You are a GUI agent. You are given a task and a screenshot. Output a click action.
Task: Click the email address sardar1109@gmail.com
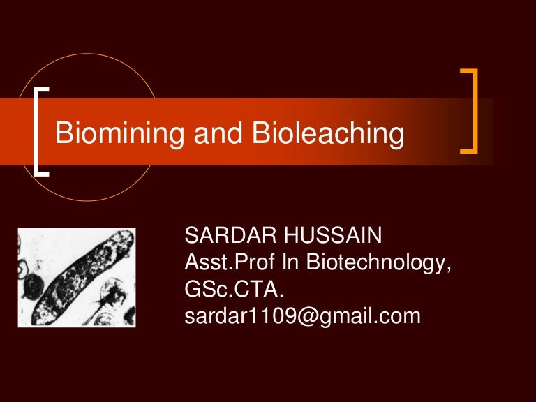pos(301,316)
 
